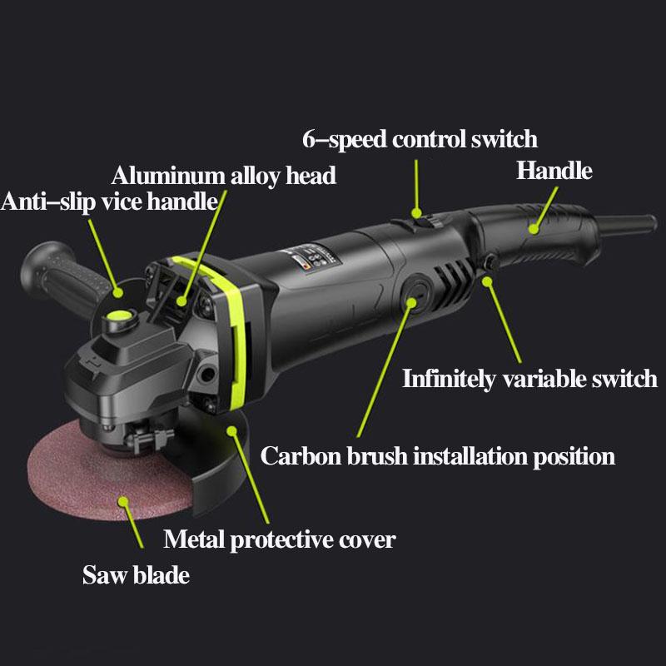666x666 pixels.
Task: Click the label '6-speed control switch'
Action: click(420, 138)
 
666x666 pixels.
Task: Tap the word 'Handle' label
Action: click(554, 171)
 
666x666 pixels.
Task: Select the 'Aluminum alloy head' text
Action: click(224, 176)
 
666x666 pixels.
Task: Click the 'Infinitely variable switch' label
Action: click(530, 379)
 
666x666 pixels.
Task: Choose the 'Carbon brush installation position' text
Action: click(438, 456)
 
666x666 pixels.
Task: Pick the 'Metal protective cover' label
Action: click(279, 539)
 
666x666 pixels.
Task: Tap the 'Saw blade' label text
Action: click(136, 575)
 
